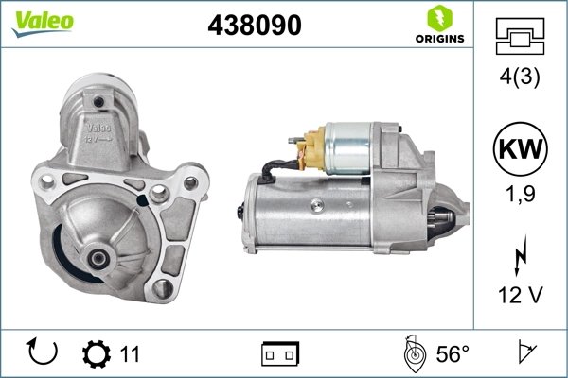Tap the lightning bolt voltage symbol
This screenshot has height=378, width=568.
point(520,256)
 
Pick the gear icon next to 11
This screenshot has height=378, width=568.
point(97,354)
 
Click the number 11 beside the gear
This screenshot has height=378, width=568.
point(130,354)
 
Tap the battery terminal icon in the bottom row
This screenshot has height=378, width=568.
point(280,354)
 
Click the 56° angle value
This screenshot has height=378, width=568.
point(453,354)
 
